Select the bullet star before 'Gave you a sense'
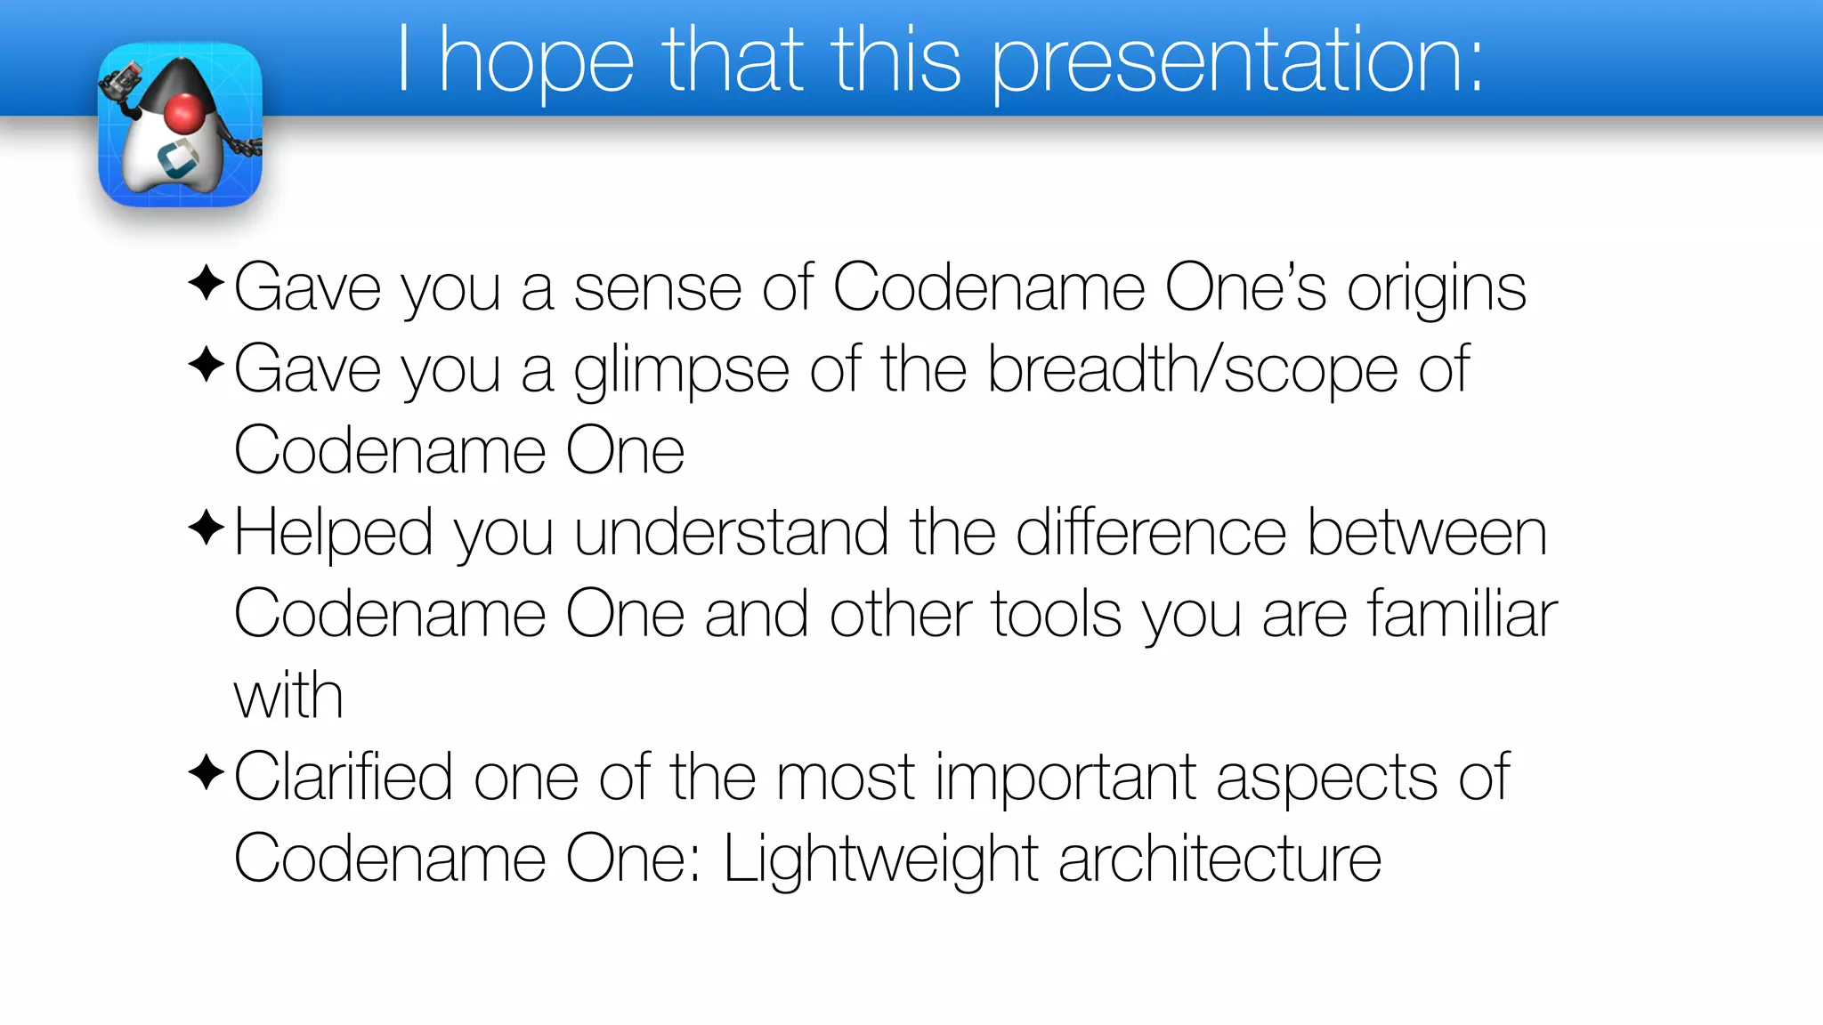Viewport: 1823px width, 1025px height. [x=206, y=283]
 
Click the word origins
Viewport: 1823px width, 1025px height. [x=1436, y=289]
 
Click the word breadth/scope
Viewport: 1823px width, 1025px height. [x=1193, y=369]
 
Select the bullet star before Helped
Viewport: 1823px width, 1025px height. [x=206, y=528]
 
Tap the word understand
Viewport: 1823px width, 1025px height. [x=731, y=534]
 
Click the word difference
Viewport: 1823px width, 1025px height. [x=1151, y=534]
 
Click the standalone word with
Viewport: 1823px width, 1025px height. [x=288, y=696]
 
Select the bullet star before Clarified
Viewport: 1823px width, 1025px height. [x=206, y=772]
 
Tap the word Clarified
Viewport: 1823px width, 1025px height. [x=344, y=778]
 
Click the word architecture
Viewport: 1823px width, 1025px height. [x=1219, y=860]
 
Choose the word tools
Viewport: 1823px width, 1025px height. [x=1056, y=615]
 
